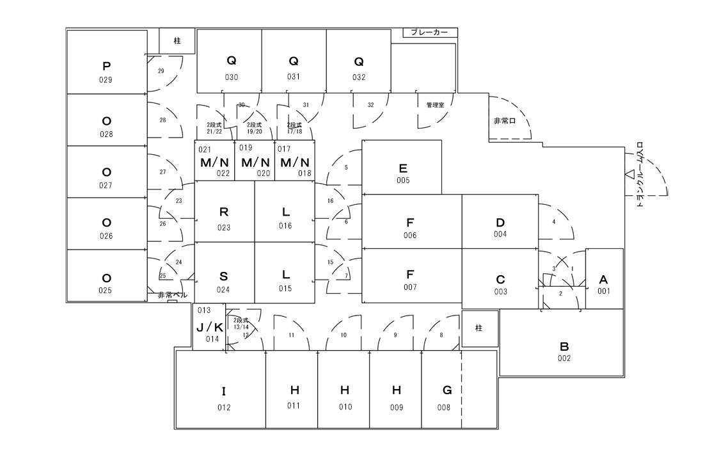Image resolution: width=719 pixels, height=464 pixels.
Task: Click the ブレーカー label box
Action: tap(430, 32)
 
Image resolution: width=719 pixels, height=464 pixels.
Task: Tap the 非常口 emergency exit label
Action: tap(505, 120)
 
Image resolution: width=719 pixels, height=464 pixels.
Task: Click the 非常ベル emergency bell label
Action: tap(172, 296)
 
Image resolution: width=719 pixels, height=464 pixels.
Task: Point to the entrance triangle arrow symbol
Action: tap(629, 174)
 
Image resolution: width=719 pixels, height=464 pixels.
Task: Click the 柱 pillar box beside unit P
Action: tap(177, 40)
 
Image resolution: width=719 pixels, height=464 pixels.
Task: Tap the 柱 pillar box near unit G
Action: tap(478, 328)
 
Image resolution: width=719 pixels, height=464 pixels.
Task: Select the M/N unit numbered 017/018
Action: tap(295, 162)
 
